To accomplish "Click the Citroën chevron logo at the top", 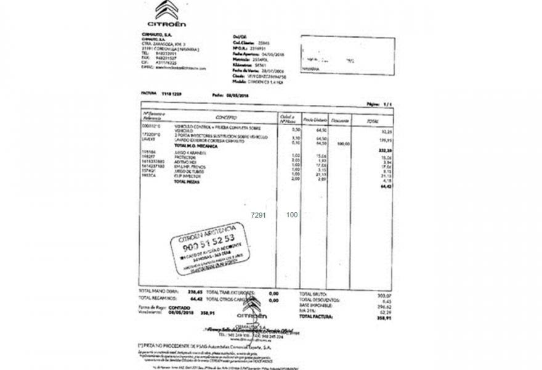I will click(166, 10).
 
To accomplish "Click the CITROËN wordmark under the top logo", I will click(166, 25).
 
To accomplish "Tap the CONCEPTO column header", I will click(226, 117).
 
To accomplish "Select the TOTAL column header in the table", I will click(372, 121).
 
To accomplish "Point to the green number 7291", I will click(259, 215).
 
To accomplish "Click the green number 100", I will click(292, 215).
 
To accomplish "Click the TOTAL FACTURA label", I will click(315, 317).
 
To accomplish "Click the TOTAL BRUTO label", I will click(312, 295).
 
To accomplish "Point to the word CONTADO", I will click(179, 306).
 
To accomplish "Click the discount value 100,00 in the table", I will click(344, 144).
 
